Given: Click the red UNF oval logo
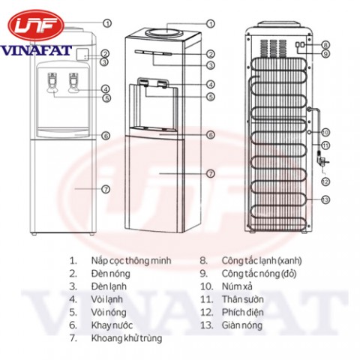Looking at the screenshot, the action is [x=36, y=26].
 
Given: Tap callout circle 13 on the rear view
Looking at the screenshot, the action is [x=325, y=199].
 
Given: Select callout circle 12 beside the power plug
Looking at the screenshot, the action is [x=325, y=181].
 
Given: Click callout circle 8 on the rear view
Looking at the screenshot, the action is [x=325, y=45].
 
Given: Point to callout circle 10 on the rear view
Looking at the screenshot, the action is [x=325, y=132].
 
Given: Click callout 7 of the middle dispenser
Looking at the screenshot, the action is [x=211, y=173].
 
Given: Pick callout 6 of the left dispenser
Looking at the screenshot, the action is [x=106, y=136].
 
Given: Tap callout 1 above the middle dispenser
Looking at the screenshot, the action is [x=211, y=24].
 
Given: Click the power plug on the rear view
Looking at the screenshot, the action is [x=322, y=160].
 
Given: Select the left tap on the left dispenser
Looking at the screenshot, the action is [x=52, y=83].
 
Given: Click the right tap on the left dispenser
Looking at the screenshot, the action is [x=73, y=83].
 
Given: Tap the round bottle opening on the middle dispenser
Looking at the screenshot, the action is [x=163, y=32].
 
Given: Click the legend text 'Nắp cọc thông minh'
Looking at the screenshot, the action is [x=131, y=261].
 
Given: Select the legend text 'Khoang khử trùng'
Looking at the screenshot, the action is [x=127, y=338].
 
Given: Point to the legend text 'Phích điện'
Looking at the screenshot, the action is [x=243, y=312].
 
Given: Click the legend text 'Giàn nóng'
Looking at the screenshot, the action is [x=242, y=325].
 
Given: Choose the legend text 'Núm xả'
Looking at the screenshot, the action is [x=237, y=286].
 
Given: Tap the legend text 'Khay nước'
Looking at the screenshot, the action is [x=112, y=325].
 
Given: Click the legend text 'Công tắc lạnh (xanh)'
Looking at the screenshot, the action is [x=262, y=261].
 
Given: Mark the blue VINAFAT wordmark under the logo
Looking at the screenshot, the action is [x=37, y=50].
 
